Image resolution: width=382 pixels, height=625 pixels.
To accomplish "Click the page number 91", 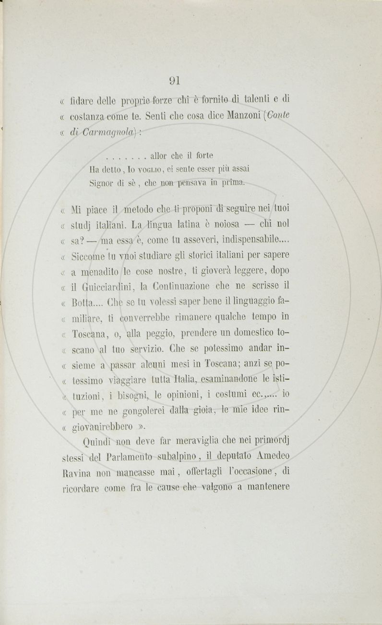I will click(x=174, y=80).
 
